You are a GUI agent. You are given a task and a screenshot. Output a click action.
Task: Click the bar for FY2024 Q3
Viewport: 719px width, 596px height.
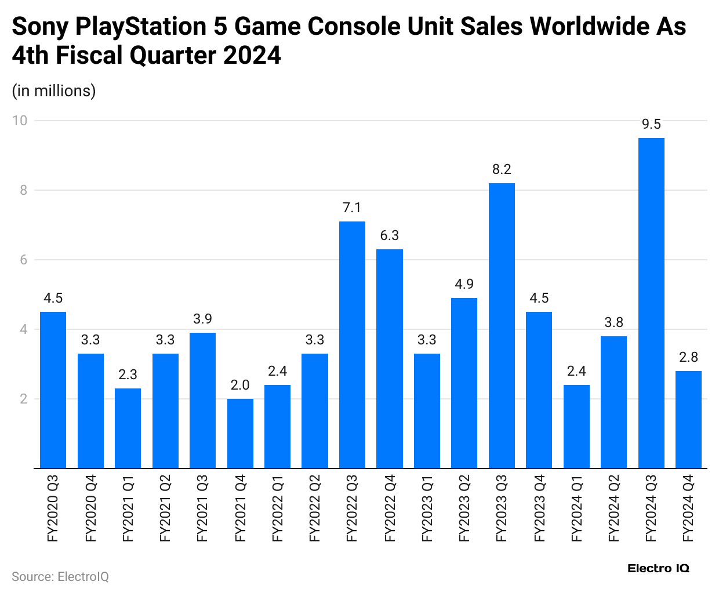[x=651, y=303]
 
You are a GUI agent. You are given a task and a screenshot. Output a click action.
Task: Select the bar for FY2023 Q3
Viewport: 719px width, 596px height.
[x=502, y=325]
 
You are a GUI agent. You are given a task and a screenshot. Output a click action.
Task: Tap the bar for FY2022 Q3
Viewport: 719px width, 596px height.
[x=352, y=344]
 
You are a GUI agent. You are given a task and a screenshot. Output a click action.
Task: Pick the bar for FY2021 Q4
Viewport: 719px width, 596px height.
[x=240, y=433]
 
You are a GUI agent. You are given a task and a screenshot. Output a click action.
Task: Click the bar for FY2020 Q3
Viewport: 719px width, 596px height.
[x=53, y=390]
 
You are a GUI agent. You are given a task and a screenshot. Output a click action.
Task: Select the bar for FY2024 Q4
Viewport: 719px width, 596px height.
[x=688, y=419]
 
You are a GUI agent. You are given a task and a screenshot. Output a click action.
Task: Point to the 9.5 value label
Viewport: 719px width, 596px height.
[x=651, y=125]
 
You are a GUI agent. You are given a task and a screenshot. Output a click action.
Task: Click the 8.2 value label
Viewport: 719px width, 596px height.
[x=502, y=169]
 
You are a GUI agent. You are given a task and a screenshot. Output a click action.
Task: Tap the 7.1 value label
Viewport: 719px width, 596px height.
[x=352, y=208]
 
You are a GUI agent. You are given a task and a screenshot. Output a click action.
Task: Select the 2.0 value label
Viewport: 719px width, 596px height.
[x=240, y=385]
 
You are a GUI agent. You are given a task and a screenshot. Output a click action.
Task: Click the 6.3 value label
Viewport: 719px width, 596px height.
[x=390, y=235]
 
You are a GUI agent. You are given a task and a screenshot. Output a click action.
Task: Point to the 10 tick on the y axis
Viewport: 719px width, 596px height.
[x=20, y=121]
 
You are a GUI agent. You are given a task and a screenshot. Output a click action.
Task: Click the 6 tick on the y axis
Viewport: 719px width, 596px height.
[x=24, y=260]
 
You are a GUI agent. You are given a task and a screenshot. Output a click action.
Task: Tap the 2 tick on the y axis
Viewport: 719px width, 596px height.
[x=24, y=399]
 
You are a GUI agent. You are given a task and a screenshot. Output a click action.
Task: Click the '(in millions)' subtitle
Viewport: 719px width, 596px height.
[x=54, y=91]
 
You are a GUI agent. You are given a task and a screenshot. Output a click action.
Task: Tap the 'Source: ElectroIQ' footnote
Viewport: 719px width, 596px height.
[x=60, y=577]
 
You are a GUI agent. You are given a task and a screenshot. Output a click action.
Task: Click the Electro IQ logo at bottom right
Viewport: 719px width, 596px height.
[x=658, y=569]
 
